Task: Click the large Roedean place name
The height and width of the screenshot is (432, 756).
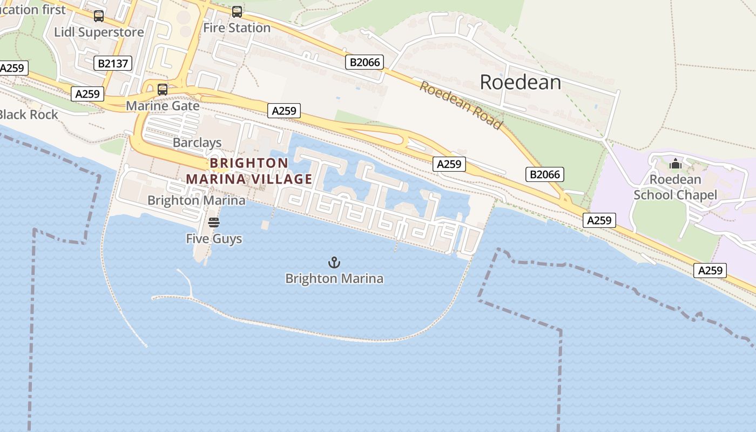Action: tap(520, 82)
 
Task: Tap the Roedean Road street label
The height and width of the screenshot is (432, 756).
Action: tap(461, 105)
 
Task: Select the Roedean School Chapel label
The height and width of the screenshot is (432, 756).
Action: tap(675, 187)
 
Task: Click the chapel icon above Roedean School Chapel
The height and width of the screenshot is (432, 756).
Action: tap(675, 164)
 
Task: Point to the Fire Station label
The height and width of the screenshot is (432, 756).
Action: tap(237, 28)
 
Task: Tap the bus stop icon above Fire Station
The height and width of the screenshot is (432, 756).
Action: tap(237, 12)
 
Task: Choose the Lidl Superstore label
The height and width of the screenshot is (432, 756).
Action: tap(99, 32)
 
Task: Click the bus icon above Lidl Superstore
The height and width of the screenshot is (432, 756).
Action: tap(98, 16)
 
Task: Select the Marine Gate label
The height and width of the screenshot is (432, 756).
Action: tap(163, 105)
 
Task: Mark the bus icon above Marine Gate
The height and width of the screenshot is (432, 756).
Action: tap(162, 90)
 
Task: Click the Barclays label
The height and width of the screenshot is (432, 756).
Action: tap(197, 143)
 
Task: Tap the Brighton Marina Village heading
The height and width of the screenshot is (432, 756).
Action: tap(249, 171)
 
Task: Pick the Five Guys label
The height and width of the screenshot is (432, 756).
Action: tap(214, 238)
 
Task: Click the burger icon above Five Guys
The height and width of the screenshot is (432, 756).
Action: tap(214, 222)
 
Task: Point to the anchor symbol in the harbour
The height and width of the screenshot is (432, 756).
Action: tap(334, 263)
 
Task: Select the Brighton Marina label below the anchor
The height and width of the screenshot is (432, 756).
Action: tap(334, 279)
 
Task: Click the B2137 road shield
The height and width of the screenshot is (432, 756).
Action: tap(113, 63)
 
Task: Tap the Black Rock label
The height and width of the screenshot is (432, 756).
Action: tap(28, 114)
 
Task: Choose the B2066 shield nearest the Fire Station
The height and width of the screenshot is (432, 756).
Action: tap(364, 62)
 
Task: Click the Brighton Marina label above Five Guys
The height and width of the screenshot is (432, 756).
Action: tap(196, 200)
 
